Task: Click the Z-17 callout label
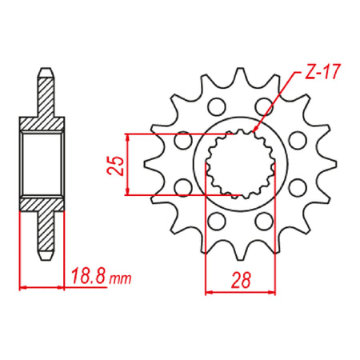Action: (x=322, y=72)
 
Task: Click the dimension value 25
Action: (x=115, y=166)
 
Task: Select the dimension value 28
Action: (x=241, y=280)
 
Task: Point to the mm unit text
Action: (x=121, y=279)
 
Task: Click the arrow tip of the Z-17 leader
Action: (x=254, y=131)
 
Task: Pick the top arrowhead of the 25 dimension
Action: (x=128, y=138)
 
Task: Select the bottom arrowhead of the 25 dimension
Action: (x=128, y=191)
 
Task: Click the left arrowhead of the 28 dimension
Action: (x=209, y=293)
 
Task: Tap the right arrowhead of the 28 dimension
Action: (x=271, y=293)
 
